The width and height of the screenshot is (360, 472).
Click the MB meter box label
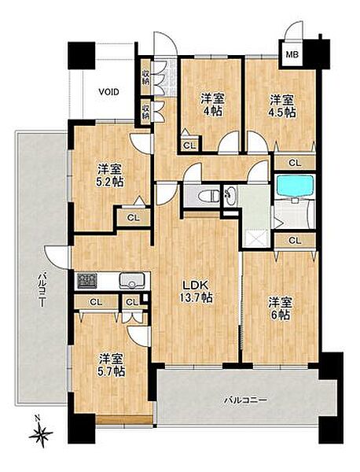tap(292, 55)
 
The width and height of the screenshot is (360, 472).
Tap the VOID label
tap(109, 92)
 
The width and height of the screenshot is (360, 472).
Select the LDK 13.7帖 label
tap(196, 291)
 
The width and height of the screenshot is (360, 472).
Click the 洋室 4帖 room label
tap(213, 105)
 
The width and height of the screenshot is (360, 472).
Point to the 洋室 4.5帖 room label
tap(282, 105)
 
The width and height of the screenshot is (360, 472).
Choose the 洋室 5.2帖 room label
tap(110, 175)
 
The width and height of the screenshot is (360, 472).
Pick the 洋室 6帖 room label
tap(280, 308)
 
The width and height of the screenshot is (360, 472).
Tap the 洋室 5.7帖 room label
tap(112, 365)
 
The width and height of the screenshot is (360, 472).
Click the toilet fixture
tap(209, 196)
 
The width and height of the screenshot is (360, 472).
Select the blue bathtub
tap(296, 186)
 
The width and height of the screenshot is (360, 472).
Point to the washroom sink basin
tap(230, 196)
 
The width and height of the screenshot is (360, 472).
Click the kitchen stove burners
tap(87, 281)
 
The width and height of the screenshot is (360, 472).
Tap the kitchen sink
tap(131, 281)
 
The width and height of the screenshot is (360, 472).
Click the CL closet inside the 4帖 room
tap(189, 146)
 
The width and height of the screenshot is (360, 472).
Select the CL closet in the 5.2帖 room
tap(134, 218)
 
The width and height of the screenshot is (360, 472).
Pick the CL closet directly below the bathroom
tap(295, 241)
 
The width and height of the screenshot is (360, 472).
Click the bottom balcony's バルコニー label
tap(245, 400)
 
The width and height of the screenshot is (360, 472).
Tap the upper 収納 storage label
tap(145, 78)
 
